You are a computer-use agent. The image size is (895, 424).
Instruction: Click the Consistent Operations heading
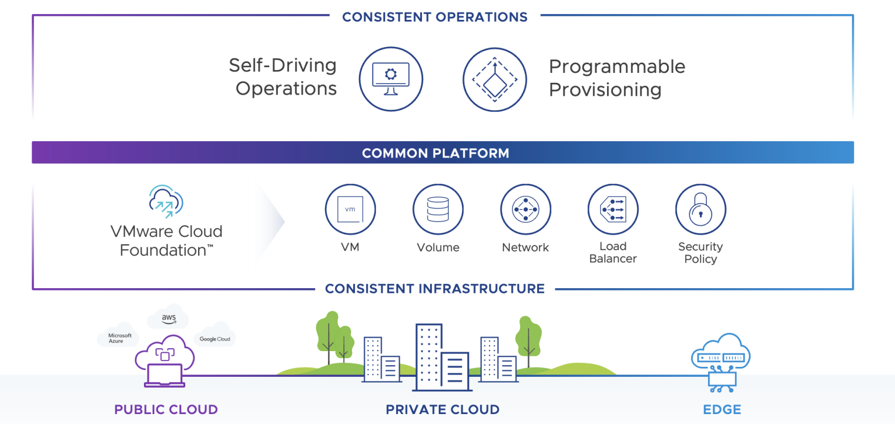pos(435,17)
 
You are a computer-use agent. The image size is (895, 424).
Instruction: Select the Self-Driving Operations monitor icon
pos(390,79)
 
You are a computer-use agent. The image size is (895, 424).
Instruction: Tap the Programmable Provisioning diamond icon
pos(494,79)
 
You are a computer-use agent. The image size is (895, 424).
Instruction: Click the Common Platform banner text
pos(435,153)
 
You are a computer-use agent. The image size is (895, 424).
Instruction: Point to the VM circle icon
pos(350,209)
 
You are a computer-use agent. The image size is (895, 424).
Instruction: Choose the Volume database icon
pos(438,209)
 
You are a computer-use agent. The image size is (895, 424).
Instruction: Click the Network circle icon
pos(525,209)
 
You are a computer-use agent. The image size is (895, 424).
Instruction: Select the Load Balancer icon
pos(613,209)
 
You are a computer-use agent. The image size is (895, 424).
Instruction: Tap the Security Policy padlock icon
pos(700,209)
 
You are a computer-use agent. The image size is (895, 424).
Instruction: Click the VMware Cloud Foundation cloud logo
pos(166,201)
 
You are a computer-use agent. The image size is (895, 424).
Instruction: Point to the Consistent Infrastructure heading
pos(435,289)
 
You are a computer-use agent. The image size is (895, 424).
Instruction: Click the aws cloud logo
pos(168,319)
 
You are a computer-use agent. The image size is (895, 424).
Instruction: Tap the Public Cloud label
pos(166,409)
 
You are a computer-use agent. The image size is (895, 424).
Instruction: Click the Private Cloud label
pos(442,409)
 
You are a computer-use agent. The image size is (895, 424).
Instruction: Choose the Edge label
pos(722,409)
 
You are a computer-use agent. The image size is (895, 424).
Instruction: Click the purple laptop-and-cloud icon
pos(165,360)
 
